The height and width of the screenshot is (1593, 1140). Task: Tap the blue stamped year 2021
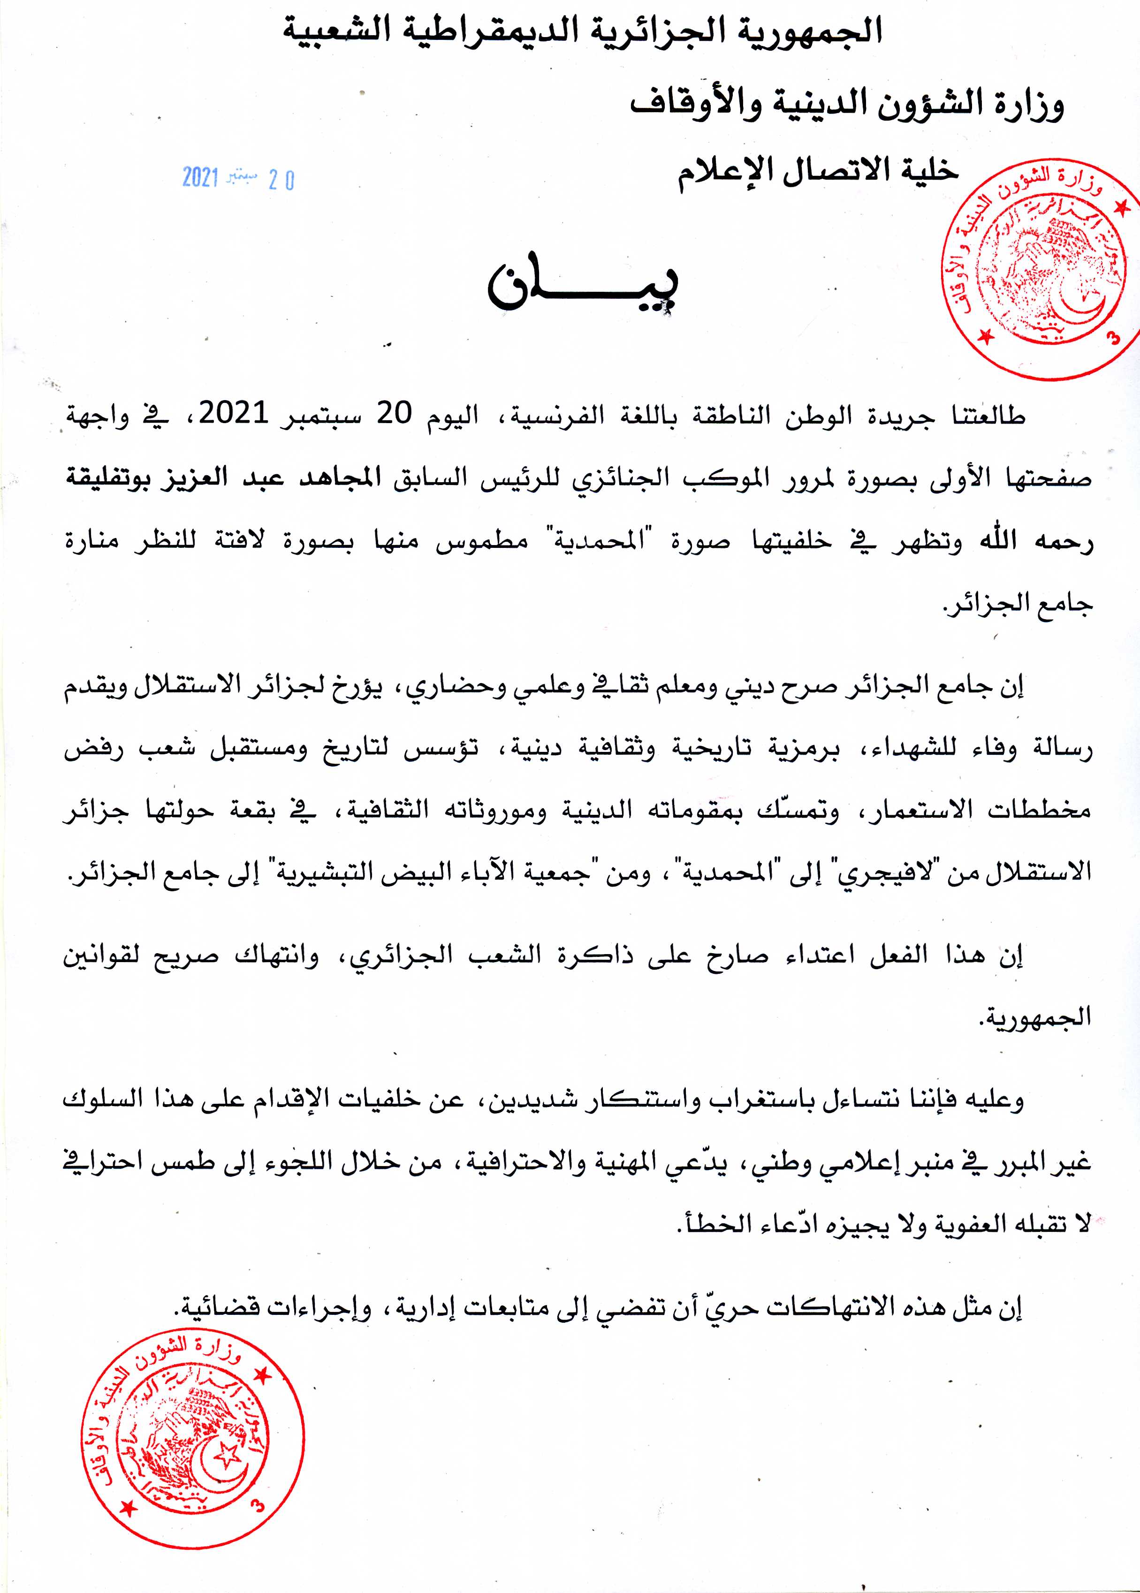(201, 178)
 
